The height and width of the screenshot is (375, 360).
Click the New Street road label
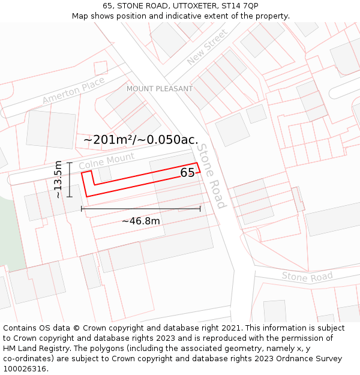point(207,47)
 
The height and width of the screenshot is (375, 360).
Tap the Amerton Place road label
point(73,91)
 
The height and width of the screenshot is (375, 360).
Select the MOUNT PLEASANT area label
point(160,89)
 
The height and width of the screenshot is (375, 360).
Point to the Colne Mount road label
point(106,161)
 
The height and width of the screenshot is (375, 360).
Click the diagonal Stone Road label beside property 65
point(212,176)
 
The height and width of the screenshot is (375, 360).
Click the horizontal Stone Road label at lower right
point(307,277)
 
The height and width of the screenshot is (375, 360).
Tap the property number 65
point(187,173)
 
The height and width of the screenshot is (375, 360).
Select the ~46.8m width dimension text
point(141,221)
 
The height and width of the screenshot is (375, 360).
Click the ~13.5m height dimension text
point(58,179)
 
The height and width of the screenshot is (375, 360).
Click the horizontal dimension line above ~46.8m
point(141,209)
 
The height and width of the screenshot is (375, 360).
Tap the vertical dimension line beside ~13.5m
point(70,179)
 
